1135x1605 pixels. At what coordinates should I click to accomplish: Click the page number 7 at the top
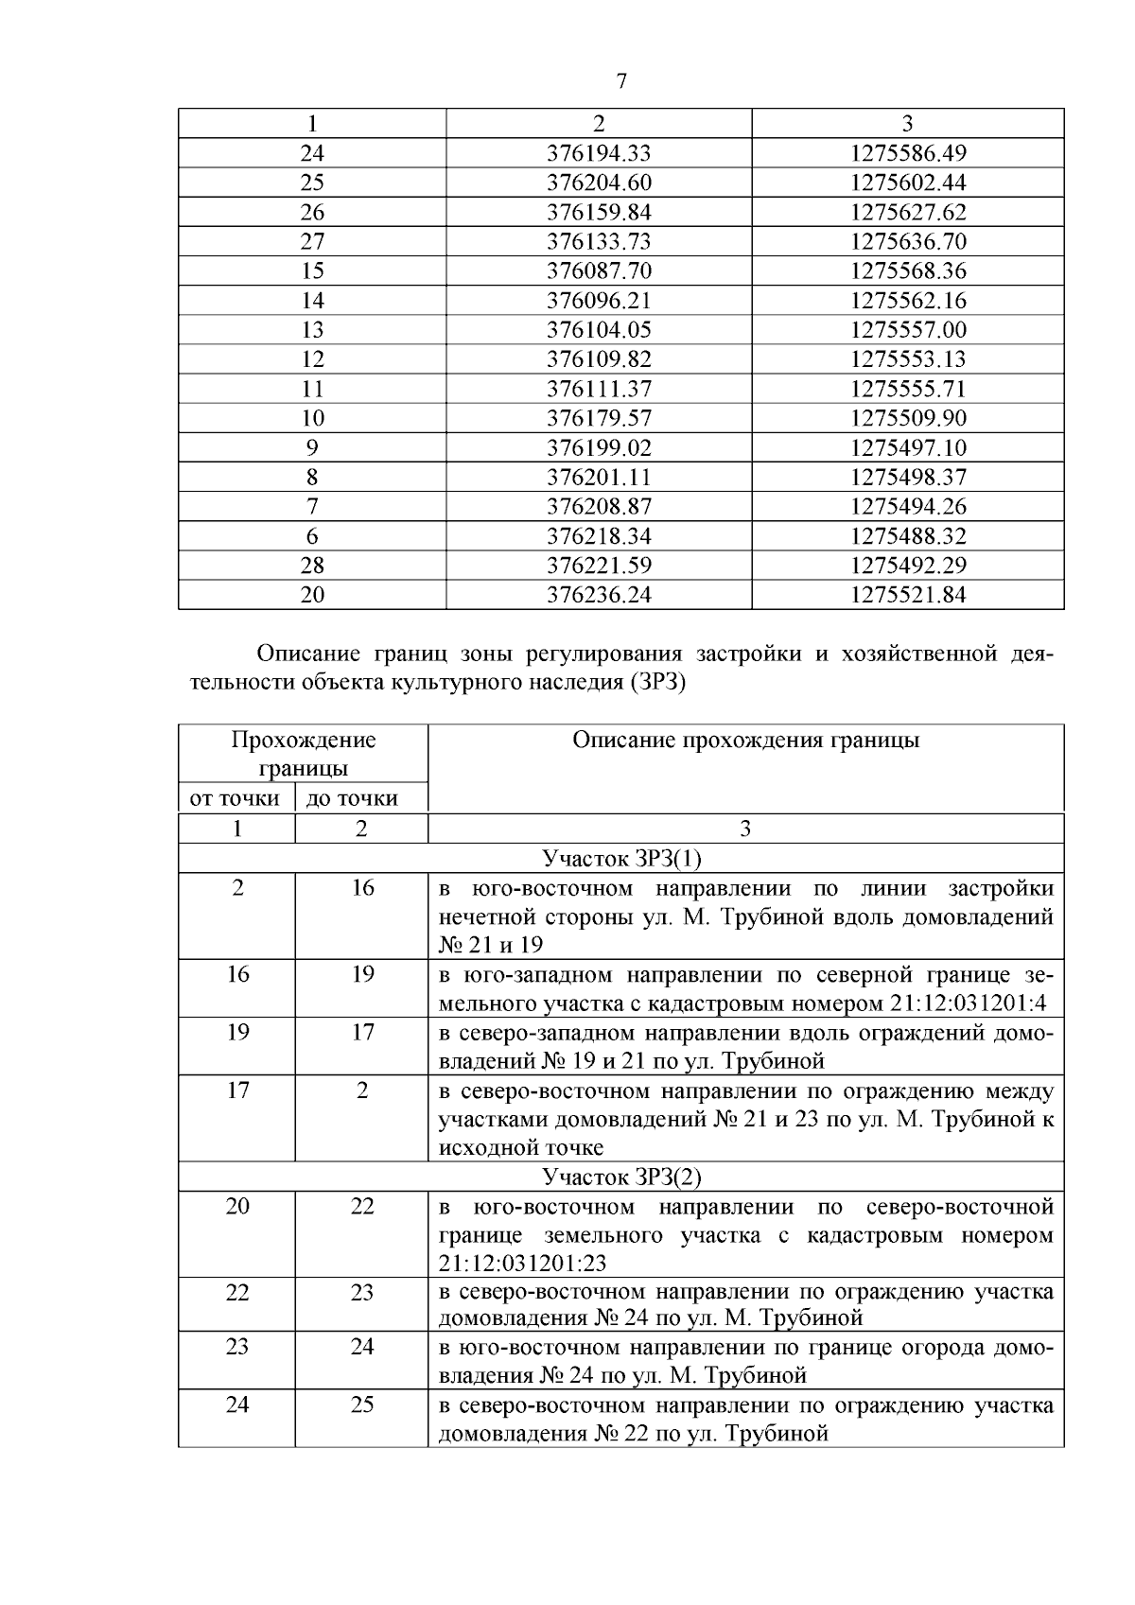[621, 81]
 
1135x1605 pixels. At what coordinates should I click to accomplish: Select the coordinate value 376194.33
[599, 153]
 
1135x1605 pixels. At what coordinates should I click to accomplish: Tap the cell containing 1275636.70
[908, 241]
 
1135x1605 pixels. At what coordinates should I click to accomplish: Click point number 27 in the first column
[312, 241]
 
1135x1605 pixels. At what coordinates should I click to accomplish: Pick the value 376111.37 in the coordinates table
[599, 389]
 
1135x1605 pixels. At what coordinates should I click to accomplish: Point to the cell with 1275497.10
[908, 447]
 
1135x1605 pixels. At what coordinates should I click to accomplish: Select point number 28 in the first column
[312, 566]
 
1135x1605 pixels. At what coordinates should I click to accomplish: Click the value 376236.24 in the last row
[599, 595]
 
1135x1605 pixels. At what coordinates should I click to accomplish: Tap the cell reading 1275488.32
[908, 536]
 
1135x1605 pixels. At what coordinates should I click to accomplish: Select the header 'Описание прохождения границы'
[745, 741]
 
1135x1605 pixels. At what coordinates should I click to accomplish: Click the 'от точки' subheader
[236, 798]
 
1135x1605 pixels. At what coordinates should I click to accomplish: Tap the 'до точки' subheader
[353, 798]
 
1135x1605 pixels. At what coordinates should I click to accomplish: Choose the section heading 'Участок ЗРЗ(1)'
[621, 859]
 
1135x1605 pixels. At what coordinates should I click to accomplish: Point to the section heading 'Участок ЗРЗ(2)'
[621, 1178]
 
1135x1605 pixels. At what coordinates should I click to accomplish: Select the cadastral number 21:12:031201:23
[522, 1264]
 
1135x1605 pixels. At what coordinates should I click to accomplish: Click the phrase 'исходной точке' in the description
[520, 1148]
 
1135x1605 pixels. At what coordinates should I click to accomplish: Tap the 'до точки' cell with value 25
[362, 1404]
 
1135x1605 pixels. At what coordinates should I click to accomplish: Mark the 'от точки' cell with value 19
[237, 1032]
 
